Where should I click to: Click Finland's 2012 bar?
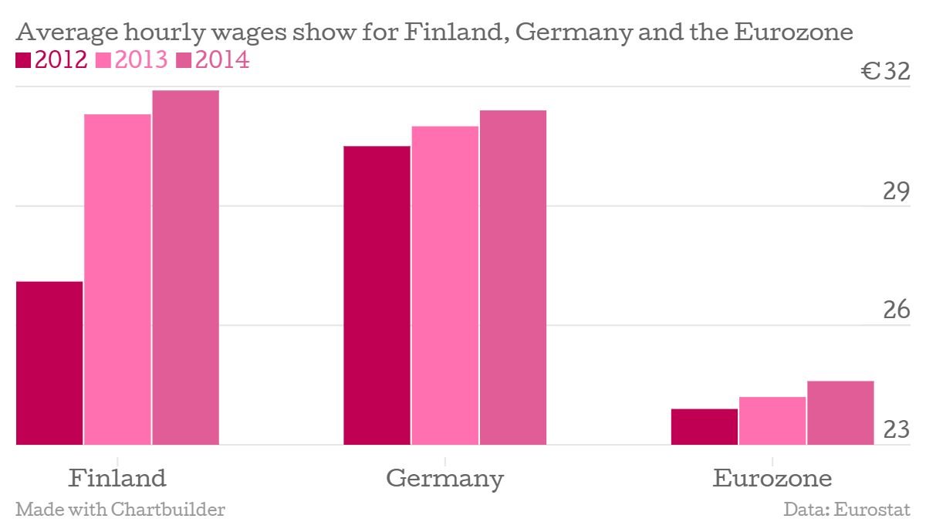click(49, 363)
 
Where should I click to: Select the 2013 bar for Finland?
click(117, 280)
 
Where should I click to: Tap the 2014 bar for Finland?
click(185, 267)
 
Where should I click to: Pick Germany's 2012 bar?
click(377, 295)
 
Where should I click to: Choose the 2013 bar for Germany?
click(444, 285)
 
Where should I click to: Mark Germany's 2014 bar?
click(513, 277)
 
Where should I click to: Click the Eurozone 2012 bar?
click(704, 427)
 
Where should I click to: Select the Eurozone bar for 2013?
click(772, 421)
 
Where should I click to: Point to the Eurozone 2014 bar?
click(840, 413)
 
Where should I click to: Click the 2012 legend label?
click(60, 60)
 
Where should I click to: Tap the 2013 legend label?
click(140, 60)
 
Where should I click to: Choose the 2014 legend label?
click(221, 60)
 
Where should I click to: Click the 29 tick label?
click(897, 192)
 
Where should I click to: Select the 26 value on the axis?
click(897, 310)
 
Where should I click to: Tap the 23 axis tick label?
click(897, 429)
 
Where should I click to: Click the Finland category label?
click(117, 478)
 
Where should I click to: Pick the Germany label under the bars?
click(444, 479)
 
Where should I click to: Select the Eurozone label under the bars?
click(772, 478)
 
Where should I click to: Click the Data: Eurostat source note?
click(847, 510)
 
